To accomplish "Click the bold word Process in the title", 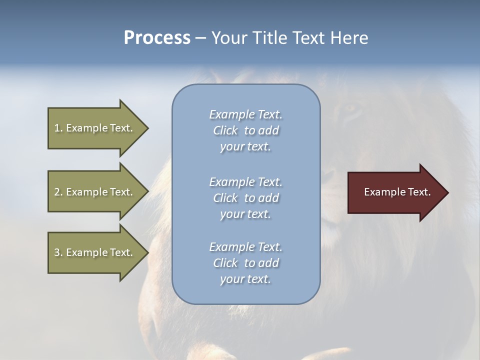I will coord(157,38).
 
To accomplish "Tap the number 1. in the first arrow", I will coord(58,128).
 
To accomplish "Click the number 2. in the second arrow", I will coord(58,192).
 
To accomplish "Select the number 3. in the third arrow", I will coord(58,252).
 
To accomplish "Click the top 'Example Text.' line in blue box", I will coord(245,114).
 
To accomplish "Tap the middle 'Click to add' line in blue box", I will coord(245,198).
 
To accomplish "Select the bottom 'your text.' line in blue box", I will coord(245,279).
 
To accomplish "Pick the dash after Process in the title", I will coord(200,38).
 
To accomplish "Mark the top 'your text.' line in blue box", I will coord(245,146).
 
